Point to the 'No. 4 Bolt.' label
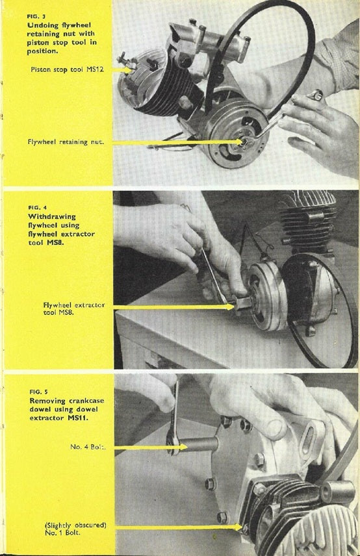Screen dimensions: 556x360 [x=89, y=447]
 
